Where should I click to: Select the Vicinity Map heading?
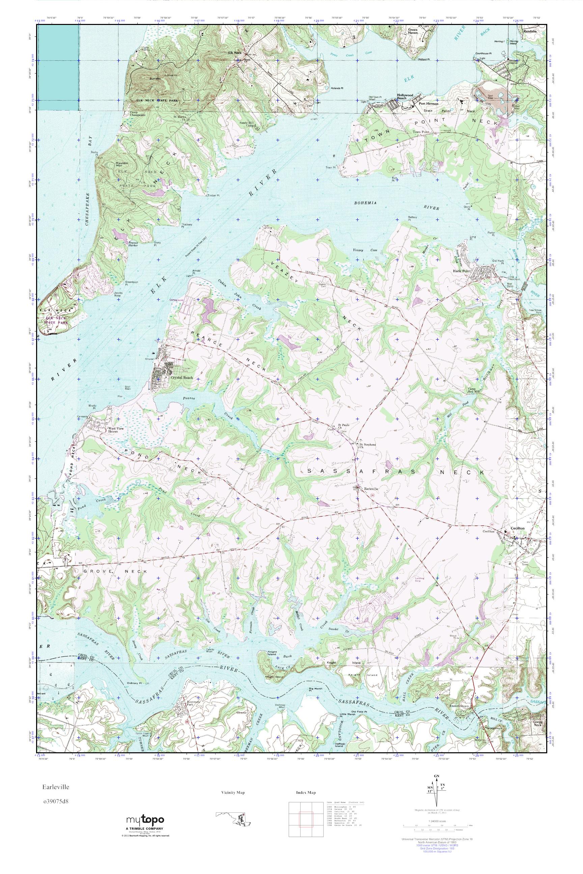[233, 793]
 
